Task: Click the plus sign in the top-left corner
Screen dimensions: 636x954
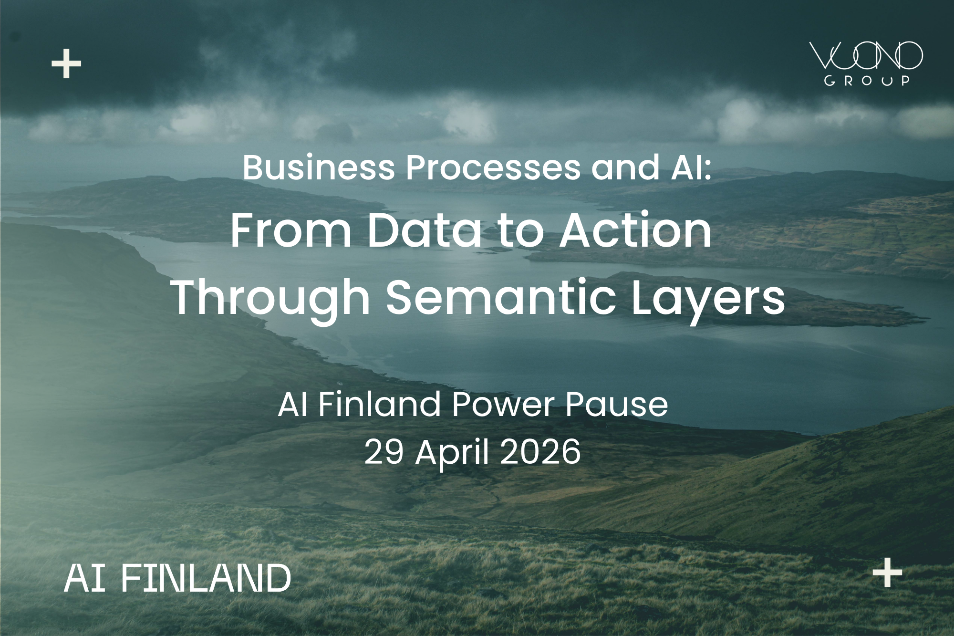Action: [x=66, y=63]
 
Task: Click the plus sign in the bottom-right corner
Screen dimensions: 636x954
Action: [x=887, y=572]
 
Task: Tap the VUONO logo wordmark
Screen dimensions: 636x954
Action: [x=866, y=56]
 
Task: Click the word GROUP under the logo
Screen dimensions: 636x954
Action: [x=867, y=81]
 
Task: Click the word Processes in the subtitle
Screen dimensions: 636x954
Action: [x=493, y=168]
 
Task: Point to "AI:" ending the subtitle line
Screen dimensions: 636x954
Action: [x=691, y=168]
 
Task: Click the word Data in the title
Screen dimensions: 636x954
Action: [x=425, y=231]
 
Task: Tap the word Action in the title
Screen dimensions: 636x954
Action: [x=635, y=231]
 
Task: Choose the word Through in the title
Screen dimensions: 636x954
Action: [x=271, y=298]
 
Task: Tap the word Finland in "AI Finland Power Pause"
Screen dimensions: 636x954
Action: [x=379, y=405]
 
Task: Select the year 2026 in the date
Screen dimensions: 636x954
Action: [x=540, y=452]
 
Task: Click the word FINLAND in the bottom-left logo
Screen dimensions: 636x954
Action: [x=206, y=578]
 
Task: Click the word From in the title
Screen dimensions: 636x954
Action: [x=291, y=231]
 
